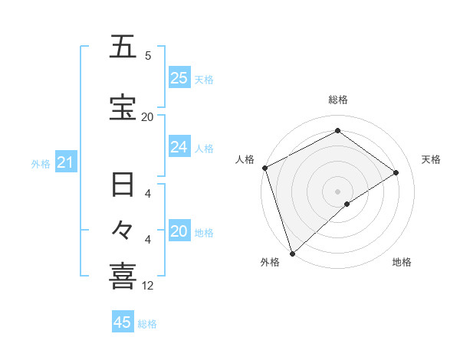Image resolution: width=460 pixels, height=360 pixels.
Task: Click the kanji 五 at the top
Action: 123,47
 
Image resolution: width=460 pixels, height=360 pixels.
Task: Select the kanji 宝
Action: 123,107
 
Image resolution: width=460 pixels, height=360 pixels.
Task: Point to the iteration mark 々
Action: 123,229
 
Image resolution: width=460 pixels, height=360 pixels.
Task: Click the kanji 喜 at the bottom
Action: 123,276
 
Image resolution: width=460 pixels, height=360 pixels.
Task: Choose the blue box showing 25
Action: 179,78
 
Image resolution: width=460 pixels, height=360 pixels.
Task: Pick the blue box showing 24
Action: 179,147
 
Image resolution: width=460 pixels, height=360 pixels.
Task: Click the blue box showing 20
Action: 179,232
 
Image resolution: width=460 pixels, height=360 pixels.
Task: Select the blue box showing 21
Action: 65,163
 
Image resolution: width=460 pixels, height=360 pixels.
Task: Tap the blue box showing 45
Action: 123,322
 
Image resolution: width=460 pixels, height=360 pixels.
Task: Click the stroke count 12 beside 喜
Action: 148,286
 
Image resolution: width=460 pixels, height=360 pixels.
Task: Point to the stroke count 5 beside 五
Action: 148,56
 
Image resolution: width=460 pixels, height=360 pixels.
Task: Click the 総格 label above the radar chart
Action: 337,100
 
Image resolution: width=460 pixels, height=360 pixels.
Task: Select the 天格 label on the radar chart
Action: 432,159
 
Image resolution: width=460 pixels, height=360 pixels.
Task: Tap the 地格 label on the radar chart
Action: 402,262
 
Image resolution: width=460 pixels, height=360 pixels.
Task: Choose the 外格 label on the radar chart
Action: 270,262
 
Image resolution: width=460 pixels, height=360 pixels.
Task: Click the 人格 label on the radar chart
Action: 245,159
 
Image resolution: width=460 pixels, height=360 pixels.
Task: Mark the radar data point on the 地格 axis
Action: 347,204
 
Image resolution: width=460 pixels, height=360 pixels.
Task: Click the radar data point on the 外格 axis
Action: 292,252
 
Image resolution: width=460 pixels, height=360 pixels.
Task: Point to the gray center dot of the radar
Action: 337,190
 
